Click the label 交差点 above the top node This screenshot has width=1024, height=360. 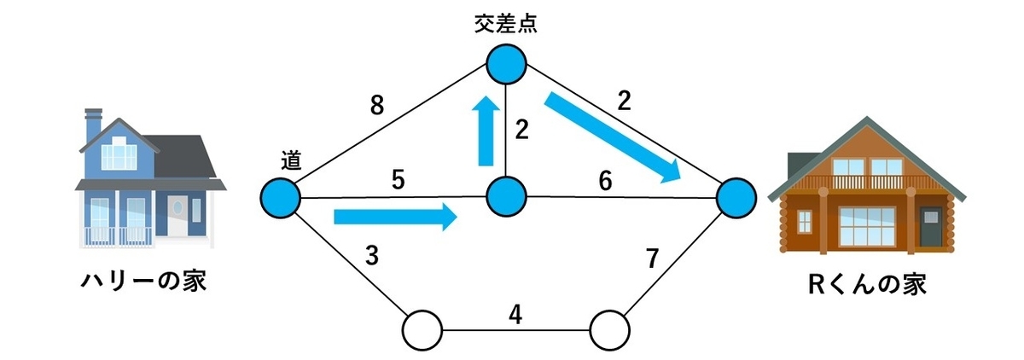click(505, 24)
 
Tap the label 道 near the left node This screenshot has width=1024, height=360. click(291, 160)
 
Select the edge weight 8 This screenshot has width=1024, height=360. click(376, 106)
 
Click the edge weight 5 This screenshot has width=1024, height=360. click(399, 179)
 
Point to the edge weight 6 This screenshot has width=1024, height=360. click(605, 181)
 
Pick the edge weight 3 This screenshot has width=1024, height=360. click(372, 256)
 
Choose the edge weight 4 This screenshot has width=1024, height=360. click(515, 315)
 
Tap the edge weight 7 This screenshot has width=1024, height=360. click(652, 258)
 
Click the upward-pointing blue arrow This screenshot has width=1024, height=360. click(486, 131)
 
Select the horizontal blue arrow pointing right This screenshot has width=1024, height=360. click(396, 217)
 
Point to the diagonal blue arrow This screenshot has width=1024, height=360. click(613, 137)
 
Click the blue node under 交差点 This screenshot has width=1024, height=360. click(506, 64)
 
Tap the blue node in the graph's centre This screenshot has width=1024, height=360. click(506, 197)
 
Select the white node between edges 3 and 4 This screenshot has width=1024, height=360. click(422, 330)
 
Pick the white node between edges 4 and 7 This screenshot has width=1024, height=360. click(609, 330)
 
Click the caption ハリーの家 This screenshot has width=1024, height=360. click(144, 281)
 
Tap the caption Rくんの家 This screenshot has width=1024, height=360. click(867, 284)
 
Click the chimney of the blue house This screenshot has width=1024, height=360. click(93, 125)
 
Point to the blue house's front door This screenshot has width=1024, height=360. click(177, 215)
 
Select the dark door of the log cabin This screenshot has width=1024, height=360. click(931, 233)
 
